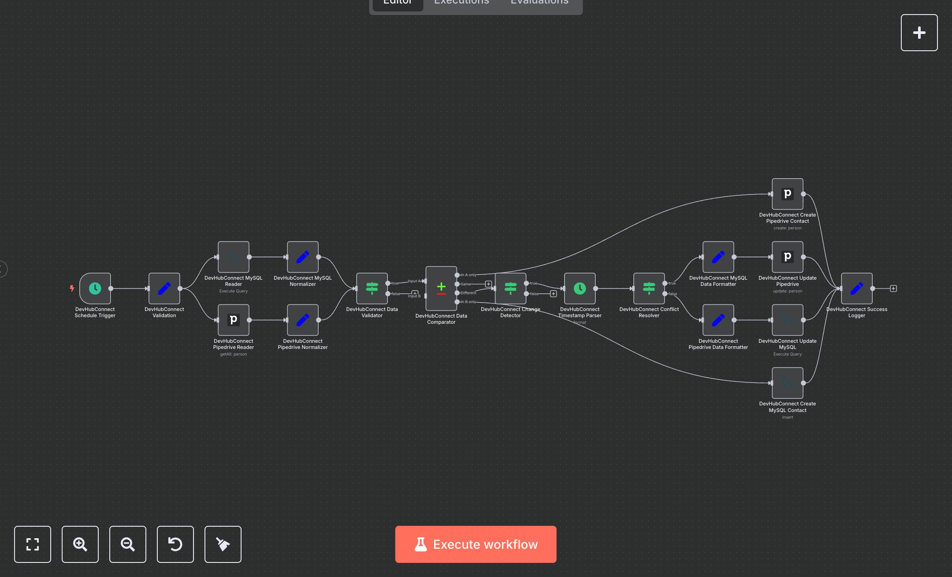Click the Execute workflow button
pos(476,544)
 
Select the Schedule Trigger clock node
pos(95,288)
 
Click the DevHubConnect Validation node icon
pos(164,288)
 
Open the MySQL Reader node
pos(234,257)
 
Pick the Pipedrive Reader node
pos(234,320)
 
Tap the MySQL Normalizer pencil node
pos(303,257)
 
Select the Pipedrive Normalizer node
pos(303,320)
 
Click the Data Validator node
pos(372,288)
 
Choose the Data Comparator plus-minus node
pos(441,288)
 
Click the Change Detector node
pos(510,288)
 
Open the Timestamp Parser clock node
pos(580,288)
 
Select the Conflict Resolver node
pos(649,288)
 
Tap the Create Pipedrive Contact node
pos(788,194)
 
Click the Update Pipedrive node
pos(788,257)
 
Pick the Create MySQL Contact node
pos(788,383)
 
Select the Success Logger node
pos(857,288)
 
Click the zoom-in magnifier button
pos(80,544)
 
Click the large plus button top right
pos(919,33)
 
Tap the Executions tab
pos(461,3)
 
